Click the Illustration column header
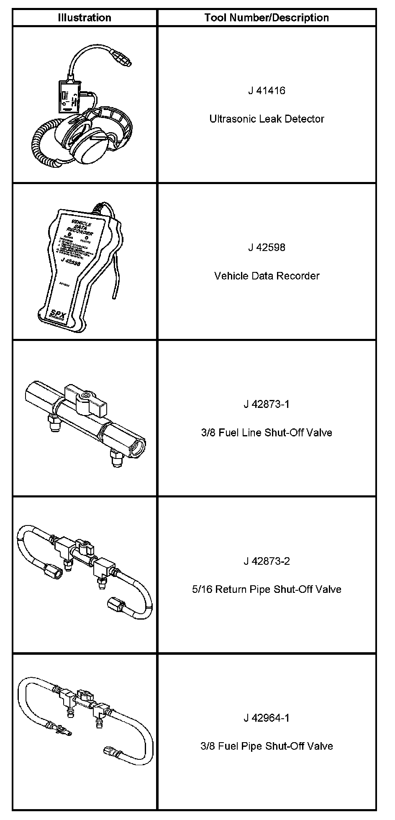click(x=84, y=18)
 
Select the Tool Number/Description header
click(x=267, y=18)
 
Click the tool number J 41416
click(x=267, y=91)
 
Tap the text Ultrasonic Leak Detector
click(x=267, y=119)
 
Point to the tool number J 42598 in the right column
click(x=267, y=248)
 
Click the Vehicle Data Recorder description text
click(x=267, y=276)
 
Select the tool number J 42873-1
click(x=267, y=405)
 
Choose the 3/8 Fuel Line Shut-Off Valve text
click(x=267, y=433)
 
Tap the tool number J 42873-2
click(x=267, y=561)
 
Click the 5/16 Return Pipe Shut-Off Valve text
click(x=267, y=589)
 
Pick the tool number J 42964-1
click(x=267, y=718)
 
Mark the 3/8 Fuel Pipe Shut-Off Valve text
click(x=267, y=746)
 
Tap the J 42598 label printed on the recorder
click(x=70, y=261)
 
